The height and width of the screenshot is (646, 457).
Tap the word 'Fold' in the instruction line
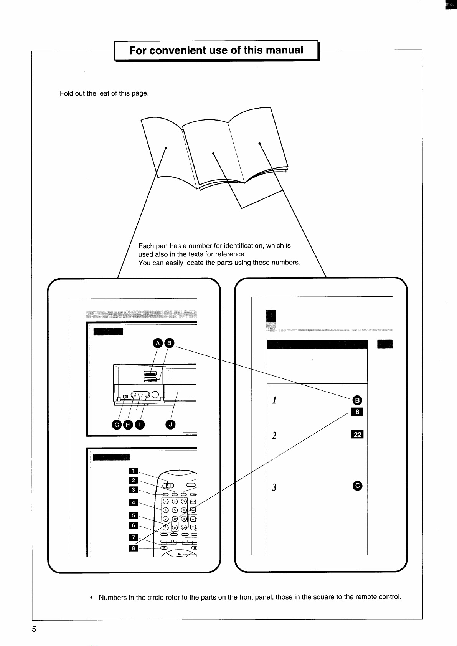click(x=65, y=93)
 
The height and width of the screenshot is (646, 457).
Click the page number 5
click(x=34, y=629)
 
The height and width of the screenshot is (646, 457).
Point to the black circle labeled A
click(x=158, y=343)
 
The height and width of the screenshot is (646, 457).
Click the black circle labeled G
click(x=117, y=425)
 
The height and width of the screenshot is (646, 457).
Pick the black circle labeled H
click(x=128, y=425)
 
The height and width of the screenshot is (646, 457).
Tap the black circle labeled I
click(x=140, y=425)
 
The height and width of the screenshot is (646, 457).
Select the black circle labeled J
click(x=170, y=424)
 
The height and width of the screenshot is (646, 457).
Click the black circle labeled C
click(x=358, y=486)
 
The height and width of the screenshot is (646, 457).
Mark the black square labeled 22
click(x=358, y=435)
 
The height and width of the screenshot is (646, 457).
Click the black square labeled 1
click(x=134, y=471)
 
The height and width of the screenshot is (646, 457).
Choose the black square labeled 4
click(x=134, y=502)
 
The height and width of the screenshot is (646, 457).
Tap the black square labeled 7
click(x=134, y=537)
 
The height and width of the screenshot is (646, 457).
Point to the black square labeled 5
click(x=134, y=515)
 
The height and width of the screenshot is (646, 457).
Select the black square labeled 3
click(x=134, y=490)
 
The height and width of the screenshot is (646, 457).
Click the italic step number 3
click(x=274, y=487)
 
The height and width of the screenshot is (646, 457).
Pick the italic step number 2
click(x=274, y=435)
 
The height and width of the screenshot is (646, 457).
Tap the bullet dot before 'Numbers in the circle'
click(x=91, y=598)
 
